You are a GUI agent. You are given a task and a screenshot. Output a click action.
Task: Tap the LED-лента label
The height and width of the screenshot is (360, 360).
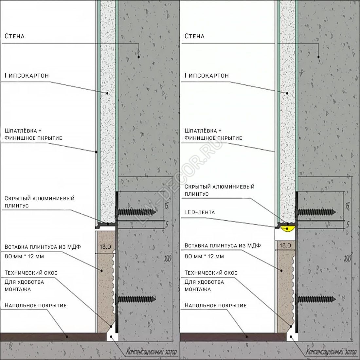pos(200,212)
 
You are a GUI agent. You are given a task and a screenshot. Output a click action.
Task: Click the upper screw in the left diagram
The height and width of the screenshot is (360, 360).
pos(136,212)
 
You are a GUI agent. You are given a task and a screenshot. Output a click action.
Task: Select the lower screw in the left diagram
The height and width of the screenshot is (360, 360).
pos(136,299)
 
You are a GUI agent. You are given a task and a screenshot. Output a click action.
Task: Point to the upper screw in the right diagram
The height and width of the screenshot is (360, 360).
pos(316,212)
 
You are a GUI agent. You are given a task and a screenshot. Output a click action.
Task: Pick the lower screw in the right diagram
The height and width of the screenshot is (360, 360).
pos(316,299)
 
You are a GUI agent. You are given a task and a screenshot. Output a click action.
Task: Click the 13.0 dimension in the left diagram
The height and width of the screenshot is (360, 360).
pos(105,247)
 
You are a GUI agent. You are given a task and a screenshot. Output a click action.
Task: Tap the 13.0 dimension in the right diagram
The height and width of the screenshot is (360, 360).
pos(285,245)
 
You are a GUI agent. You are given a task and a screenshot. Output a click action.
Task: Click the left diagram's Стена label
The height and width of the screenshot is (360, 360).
pos(14,36)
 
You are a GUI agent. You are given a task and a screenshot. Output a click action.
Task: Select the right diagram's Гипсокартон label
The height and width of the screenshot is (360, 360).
pos(207,76)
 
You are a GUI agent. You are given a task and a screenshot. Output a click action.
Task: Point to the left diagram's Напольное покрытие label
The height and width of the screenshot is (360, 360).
pos(36,306)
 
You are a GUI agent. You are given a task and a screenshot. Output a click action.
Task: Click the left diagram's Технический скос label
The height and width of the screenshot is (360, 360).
pos(31,273)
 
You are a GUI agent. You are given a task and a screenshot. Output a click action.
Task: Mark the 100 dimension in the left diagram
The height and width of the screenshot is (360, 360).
pos(168,259)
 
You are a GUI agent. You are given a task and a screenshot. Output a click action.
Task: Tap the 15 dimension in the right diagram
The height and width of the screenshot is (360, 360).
pos(347,206)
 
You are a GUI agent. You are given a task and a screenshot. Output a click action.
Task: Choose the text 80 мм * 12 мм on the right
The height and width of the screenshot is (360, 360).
pos(204,256)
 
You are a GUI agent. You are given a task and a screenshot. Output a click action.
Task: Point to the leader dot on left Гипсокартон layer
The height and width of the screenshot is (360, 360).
pos(107,93)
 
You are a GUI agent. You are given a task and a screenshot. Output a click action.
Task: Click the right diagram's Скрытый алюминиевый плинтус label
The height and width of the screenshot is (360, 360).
pos(219,190)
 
